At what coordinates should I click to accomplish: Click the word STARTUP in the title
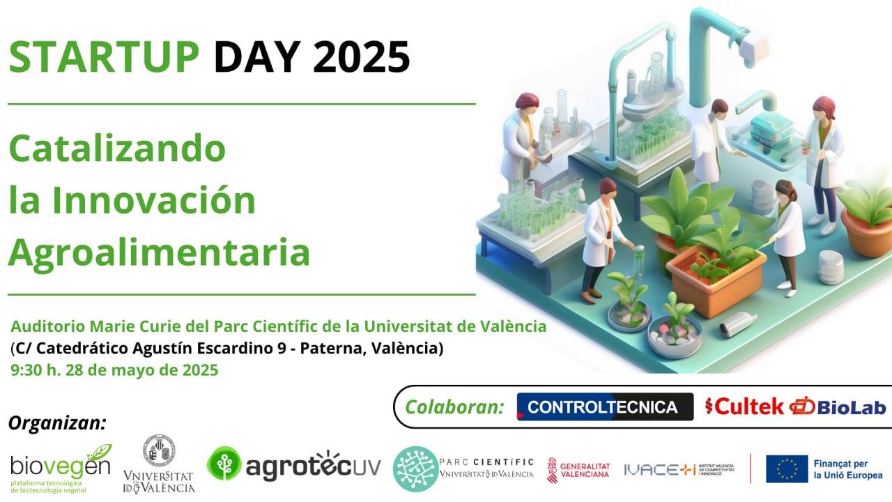[104, 56]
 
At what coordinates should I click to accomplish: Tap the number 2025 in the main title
[362, 56]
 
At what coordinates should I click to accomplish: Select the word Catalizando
[117, 148]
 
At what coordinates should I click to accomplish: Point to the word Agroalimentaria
[160, 252]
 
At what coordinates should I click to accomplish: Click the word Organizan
[58, 423]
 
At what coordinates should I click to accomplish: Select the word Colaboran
[454, 406]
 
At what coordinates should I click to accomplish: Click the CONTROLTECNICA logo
[606, 406]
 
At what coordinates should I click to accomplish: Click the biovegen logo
[61, 469]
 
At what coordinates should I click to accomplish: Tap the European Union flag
[787, 469]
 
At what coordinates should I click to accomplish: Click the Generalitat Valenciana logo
[578, 470]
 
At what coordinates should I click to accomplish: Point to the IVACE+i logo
[679, 470]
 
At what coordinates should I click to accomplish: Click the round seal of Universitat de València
[160, 450]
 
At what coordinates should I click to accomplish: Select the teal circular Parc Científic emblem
[416, 469]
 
